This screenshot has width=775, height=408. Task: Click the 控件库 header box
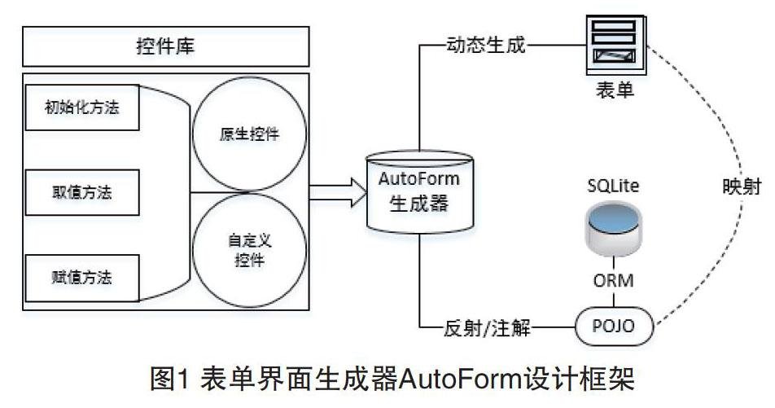coord(165,47)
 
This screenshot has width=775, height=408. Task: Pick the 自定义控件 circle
coord(248,251)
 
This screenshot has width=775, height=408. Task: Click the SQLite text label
coord(614,186)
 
